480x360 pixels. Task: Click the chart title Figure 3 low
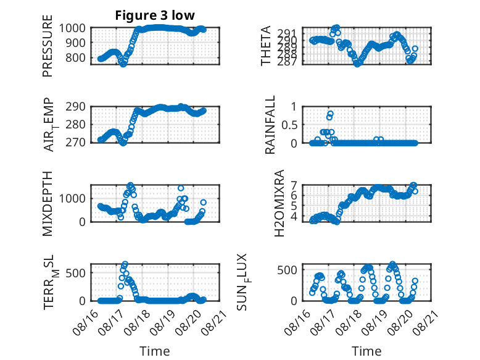[x=155, y=15]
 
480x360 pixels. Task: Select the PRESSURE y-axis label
[x=48, y=46]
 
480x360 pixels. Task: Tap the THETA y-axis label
[x=266, y=46]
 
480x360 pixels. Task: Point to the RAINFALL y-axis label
[x=270, y=125]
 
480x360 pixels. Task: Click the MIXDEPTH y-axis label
[x=48, y=204]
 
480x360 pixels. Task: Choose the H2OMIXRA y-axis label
[x=279, y=203]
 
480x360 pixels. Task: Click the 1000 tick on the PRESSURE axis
[x=72, y=28]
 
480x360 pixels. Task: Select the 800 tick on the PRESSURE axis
[x=75, y=57]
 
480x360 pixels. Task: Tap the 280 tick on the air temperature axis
[x=75, y=125]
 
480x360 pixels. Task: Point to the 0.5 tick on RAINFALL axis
[x=289, y=125]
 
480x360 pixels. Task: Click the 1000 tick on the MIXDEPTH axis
[x=72, y=199]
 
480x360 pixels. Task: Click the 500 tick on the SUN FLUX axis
[x=287, y=270]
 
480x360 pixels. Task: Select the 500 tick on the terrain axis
[x=75, y=273]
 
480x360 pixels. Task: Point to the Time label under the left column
[x=155, y=351]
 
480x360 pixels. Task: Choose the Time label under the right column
[x=366, y=351]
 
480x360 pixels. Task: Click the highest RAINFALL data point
[x=330, y=114]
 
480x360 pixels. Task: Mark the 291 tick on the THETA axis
[x=289, y=33]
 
